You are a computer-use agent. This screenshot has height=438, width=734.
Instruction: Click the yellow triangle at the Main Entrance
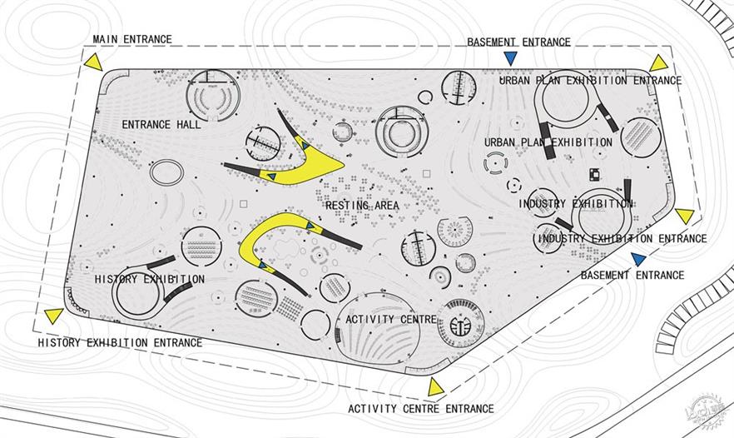point(93,63)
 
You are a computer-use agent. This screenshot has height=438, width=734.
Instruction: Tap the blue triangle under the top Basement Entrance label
point(510,57)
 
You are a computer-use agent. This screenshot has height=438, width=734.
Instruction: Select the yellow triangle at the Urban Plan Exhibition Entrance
point(658,64)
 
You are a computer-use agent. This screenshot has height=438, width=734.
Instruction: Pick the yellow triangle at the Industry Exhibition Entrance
point(685,216)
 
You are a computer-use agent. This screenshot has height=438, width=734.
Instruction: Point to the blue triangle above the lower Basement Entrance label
point(638,259)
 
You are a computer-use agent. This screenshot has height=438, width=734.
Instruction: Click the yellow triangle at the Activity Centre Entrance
point(435,387)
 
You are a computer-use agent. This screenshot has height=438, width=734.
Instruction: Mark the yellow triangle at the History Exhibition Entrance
point(54,316)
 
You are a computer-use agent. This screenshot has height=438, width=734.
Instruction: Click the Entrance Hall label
point(161,125)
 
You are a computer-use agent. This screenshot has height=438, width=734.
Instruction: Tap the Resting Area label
point(362,205)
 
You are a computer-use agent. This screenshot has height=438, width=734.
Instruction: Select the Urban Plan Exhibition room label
point(548,142)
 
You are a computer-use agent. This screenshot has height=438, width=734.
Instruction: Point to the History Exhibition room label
point(150,279)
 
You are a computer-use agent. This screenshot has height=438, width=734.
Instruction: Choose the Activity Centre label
point(391,320)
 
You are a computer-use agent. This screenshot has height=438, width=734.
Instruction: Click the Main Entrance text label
point(132,39)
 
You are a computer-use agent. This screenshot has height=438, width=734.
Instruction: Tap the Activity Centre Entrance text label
point(421,409)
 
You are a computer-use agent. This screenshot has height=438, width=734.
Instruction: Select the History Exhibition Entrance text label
point(120,342)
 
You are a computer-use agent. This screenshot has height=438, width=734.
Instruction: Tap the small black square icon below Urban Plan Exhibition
point(594,173)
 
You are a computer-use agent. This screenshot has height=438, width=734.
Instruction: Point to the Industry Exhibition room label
point(576,204)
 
